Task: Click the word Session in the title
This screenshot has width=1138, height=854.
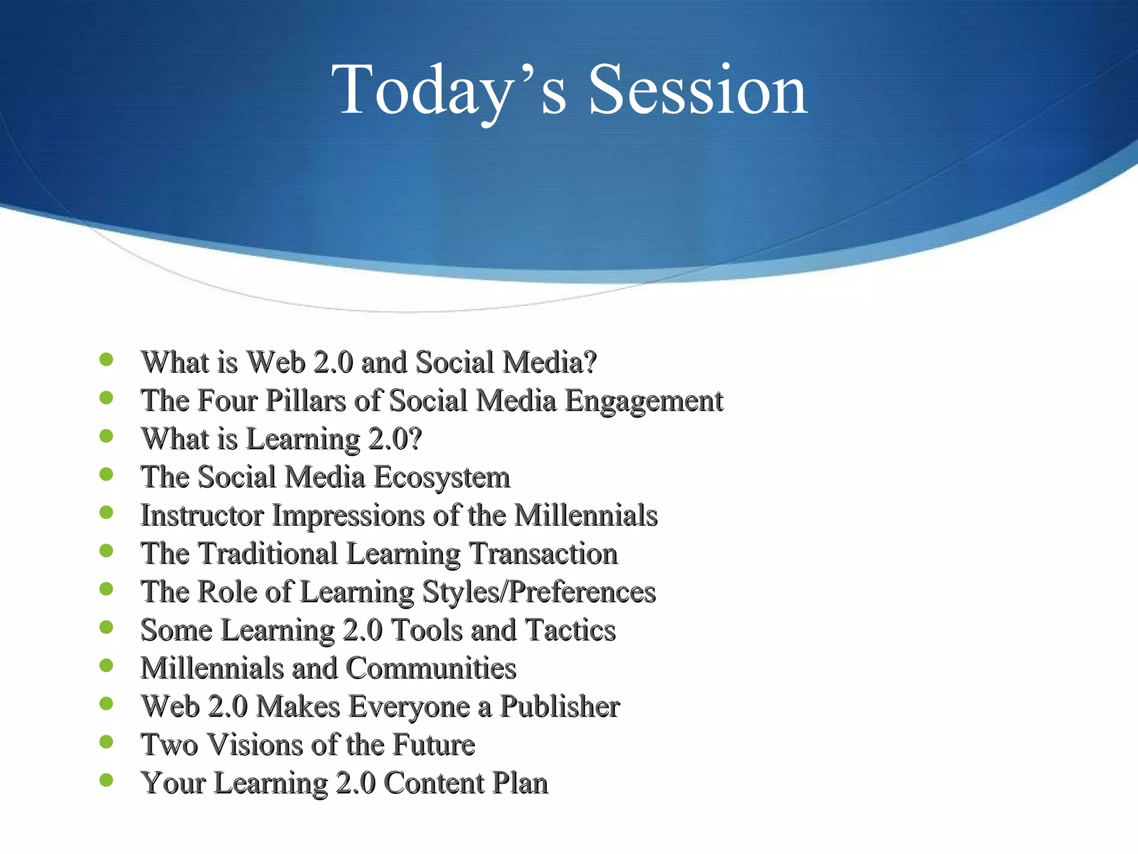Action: [697, 90]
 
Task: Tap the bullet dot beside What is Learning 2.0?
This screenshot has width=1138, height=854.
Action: [106, 436]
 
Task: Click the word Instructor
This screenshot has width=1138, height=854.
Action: [202, 515]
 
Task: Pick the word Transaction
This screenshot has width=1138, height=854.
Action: [543, 554]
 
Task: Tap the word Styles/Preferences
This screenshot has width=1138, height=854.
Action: [538, 592]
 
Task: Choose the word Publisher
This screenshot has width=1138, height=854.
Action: [560, 707]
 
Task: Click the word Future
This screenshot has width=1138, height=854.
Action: [433, 745]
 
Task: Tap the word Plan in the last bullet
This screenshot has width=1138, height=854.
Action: [520, 783]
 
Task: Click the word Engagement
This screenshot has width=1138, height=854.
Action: [643, 401]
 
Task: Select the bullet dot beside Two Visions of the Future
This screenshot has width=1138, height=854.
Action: [106, 742]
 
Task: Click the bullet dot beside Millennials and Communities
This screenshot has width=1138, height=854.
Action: [106, 665]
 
